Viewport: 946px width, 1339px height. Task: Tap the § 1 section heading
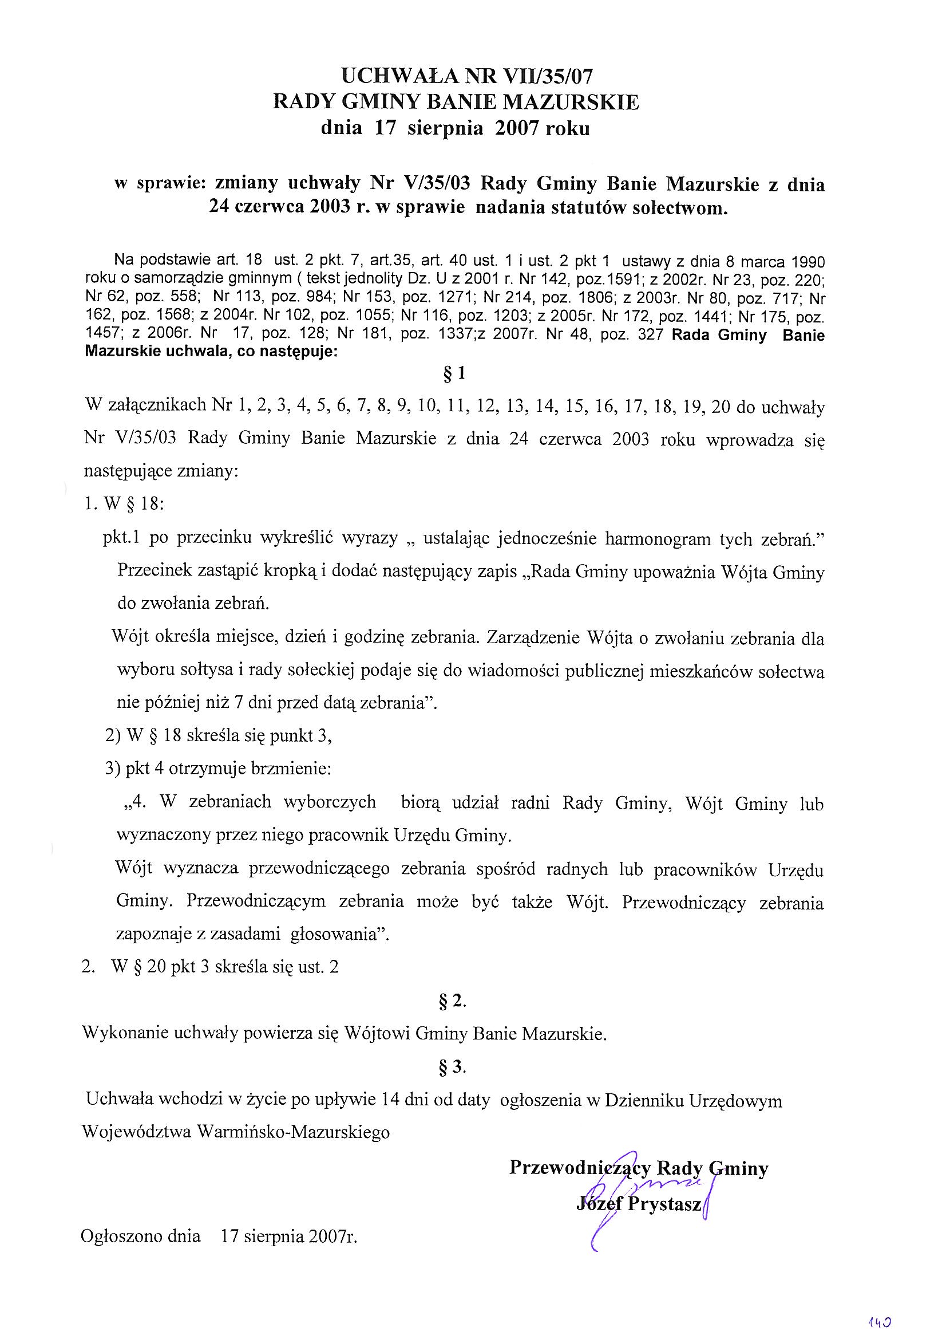click(454, 374)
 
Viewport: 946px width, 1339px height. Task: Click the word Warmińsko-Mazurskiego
click(294, 1132)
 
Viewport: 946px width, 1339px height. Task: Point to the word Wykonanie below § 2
click(119, 1034)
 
